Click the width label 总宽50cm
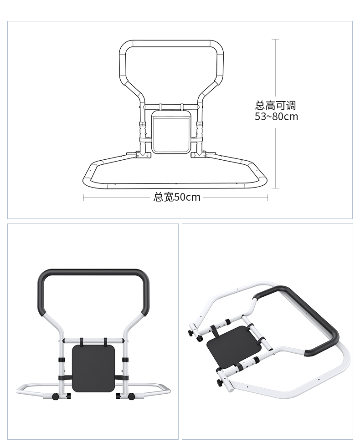click(x=177, y=197)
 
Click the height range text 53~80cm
click(x=276, y=117)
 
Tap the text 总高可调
click(x=275, y=106)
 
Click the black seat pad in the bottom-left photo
click(x=94, y=368)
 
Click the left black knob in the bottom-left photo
click(x=55, y=396)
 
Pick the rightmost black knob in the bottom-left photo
click(x=131, y=396)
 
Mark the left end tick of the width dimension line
click(x=83, y=198)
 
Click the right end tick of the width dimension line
click(x=267, y=198)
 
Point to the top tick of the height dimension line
click(x=276, y=39)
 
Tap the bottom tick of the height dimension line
click(x=276, y=188)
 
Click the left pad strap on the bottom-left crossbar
click(x=82, y=341)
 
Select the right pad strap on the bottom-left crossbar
click(x=105, y=341)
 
